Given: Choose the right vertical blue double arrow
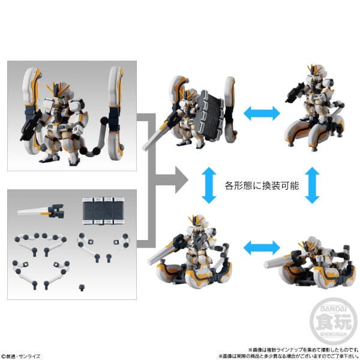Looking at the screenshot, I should click(311, 184).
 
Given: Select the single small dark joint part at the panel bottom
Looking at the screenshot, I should click(82, 287).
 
